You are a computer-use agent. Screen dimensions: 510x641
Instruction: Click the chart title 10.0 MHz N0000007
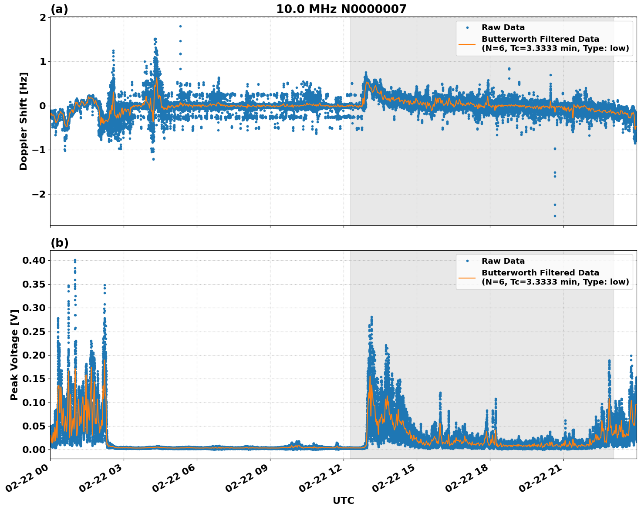(341, 9)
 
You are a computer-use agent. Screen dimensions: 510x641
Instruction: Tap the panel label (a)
(59, 9)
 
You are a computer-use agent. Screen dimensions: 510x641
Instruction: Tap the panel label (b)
(59, 243)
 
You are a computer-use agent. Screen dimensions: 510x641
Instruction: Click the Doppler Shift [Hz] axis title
(24, 121)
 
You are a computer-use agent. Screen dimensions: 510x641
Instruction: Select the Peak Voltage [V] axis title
(14, 355)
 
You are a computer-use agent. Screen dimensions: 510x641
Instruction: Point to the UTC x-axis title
(343, 500)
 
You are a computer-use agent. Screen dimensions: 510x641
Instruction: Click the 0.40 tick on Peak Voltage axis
(34, 260)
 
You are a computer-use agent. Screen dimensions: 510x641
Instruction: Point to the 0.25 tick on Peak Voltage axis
(34, 332)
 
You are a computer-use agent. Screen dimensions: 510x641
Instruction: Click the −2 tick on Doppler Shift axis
(38, 194)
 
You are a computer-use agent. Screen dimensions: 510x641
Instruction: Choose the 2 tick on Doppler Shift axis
(43, 17)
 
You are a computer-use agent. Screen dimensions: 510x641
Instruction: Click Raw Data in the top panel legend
(503, 27)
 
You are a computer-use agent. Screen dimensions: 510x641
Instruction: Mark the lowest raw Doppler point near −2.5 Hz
(555, 216)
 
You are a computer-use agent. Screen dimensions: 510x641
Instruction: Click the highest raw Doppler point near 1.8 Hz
(180, 26)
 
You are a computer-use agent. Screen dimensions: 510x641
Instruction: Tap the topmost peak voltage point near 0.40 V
(75, 260)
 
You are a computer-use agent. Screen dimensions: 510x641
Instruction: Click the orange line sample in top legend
(467, 44)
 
